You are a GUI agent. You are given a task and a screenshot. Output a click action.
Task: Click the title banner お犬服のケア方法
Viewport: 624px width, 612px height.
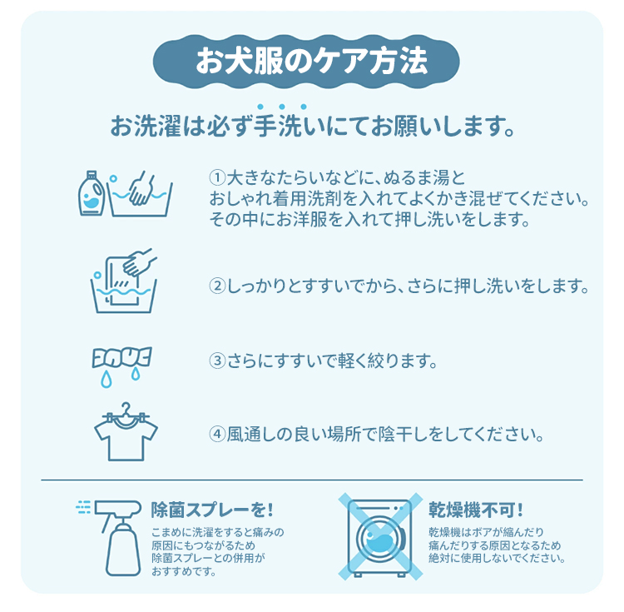click(x=306, y=62)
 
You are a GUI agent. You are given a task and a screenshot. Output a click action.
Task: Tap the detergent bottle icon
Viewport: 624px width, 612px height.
click(x=92, y=193)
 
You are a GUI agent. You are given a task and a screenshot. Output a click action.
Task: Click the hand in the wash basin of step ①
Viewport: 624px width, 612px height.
click(x=141, y=188)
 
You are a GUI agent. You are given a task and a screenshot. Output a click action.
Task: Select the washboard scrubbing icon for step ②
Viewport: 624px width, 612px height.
click(x=124, y=281)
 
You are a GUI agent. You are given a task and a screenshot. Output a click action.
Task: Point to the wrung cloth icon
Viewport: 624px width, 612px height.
click(x=121, y=357)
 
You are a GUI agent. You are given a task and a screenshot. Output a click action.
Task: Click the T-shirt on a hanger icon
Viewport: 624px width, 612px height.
click(x=126, y=432)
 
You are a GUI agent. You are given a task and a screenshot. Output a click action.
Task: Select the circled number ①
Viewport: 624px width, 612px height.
click(x=217, y=177)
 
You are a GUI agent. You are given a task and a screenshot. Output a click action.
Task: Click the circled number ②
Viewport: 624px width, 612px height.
click(x=217, y=286)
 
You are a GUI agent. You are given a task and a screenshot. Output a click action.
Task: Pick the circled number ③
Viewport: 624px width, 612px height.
click(x=217, y=361)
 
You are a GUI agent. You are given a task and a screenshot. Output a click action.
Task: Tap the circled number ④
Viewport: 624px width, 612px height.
click(x=217, y=434)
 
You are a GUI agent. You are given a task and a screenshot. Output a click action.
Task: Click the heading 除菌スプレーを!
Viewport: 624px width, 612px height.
click(x=212, y=510)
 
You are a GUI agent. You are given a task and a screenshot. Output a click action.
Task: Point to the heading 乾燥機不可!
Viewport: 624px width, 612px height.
click(x=476, y=510)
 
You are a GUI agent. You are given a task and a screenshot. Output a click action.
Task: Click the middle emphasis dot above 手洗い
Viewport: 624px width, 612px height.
click(x=282, y=107)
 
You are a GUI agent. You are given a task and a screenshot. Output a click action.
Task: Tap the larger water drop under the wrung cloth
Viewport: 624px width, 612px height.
click(x=106, y=379)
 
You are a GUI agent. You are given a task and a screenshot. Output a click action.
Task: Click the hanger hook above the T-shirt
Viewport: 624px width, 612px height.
click(x=126, y=408)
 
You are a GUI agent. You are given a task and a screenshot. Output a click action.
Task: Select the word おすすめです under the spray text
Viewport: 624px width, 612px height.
click(x=184, y=572)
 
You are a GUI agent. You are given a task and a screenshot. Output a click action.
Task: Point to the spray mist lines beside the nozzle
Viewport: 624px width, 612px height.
click(x=83, y=507)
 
